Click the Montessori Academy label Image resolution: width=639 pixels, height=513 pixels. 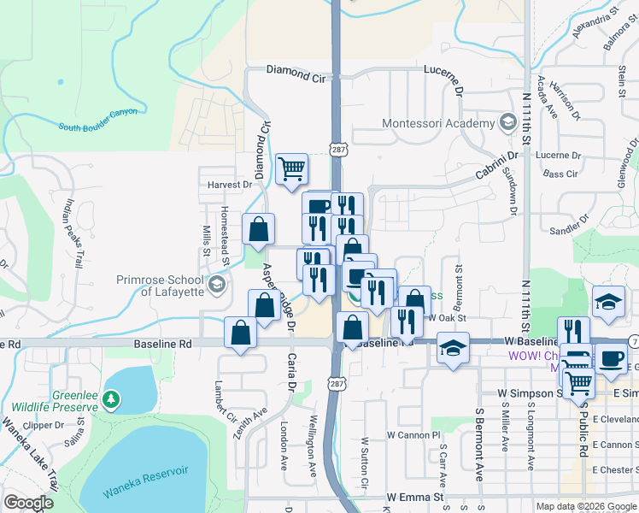click(x=438, y=123)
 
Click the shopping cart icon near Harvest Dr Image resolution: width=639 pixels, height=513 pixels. click(x=292, y=168)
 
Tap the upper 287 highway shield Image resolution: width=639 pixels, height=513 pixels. click(x=339, y=149)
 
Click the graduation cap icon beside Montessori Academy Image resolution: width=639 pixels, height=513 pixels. click(x=507, y=123)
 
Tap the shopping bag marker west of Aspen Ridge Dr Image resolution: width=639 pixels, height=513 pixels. click(x=258, y=229)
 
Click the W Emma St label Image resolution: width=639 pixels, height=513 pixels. click(x=416, y=497)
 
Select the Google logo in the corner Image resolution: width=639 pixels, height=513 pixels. click(x=28, y=503)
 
